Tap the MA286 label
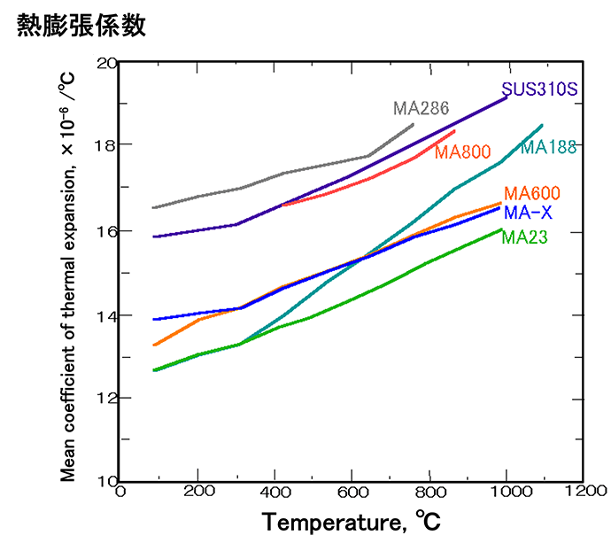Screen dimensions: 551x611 [x=422, y=109]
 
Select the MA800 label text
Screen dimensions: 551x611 [x=462, y=152]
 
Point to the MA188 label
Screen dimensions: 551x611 [x=549, y=147]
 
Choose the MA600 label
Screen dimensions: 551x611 [x=532, y=194]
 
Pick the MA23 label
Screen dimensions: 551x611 [x=524, y=237]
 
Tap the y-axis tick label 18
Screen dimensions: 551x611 [x=106, y=145]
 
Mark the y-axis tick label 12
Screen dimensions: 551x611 [x=106, y=399]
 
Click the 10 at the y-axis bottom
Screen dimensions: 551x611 [x=106, y=481]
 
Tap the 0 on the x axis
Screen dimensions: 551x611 [x=120, y=491]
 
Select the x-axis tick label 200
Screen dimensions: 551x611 [x=197, y=491]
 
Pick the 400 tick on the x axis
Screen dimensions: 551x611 [x=275, y=491]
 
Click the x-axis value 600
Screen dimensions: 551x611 [x=352, y=491]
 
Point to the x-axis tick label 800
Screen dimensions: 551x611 [x=429, y=491]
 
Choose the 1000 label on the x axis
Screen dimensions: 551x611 [x=505, y=491]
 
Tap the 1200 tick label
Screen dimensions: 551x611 [x=581, y=491]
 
